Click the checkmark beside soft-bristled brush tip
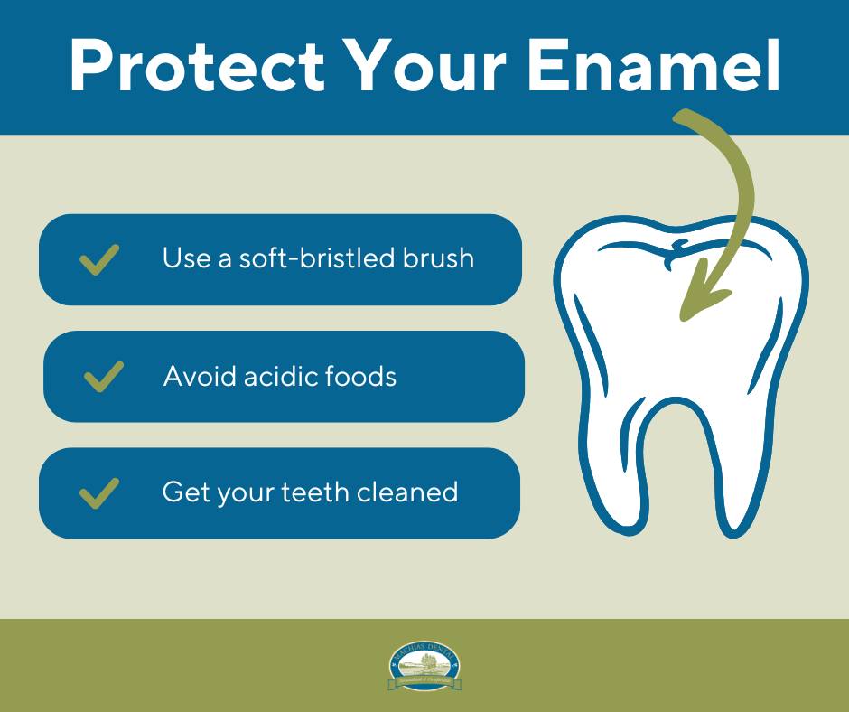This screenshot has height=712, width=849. [99, 259]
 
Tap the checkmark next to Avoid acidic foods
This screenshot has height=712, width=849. [104, 376]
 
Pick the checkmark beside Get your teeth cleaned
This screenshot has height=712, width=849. [99, 493]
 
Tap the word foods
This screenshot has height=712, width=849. [363, 376]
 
